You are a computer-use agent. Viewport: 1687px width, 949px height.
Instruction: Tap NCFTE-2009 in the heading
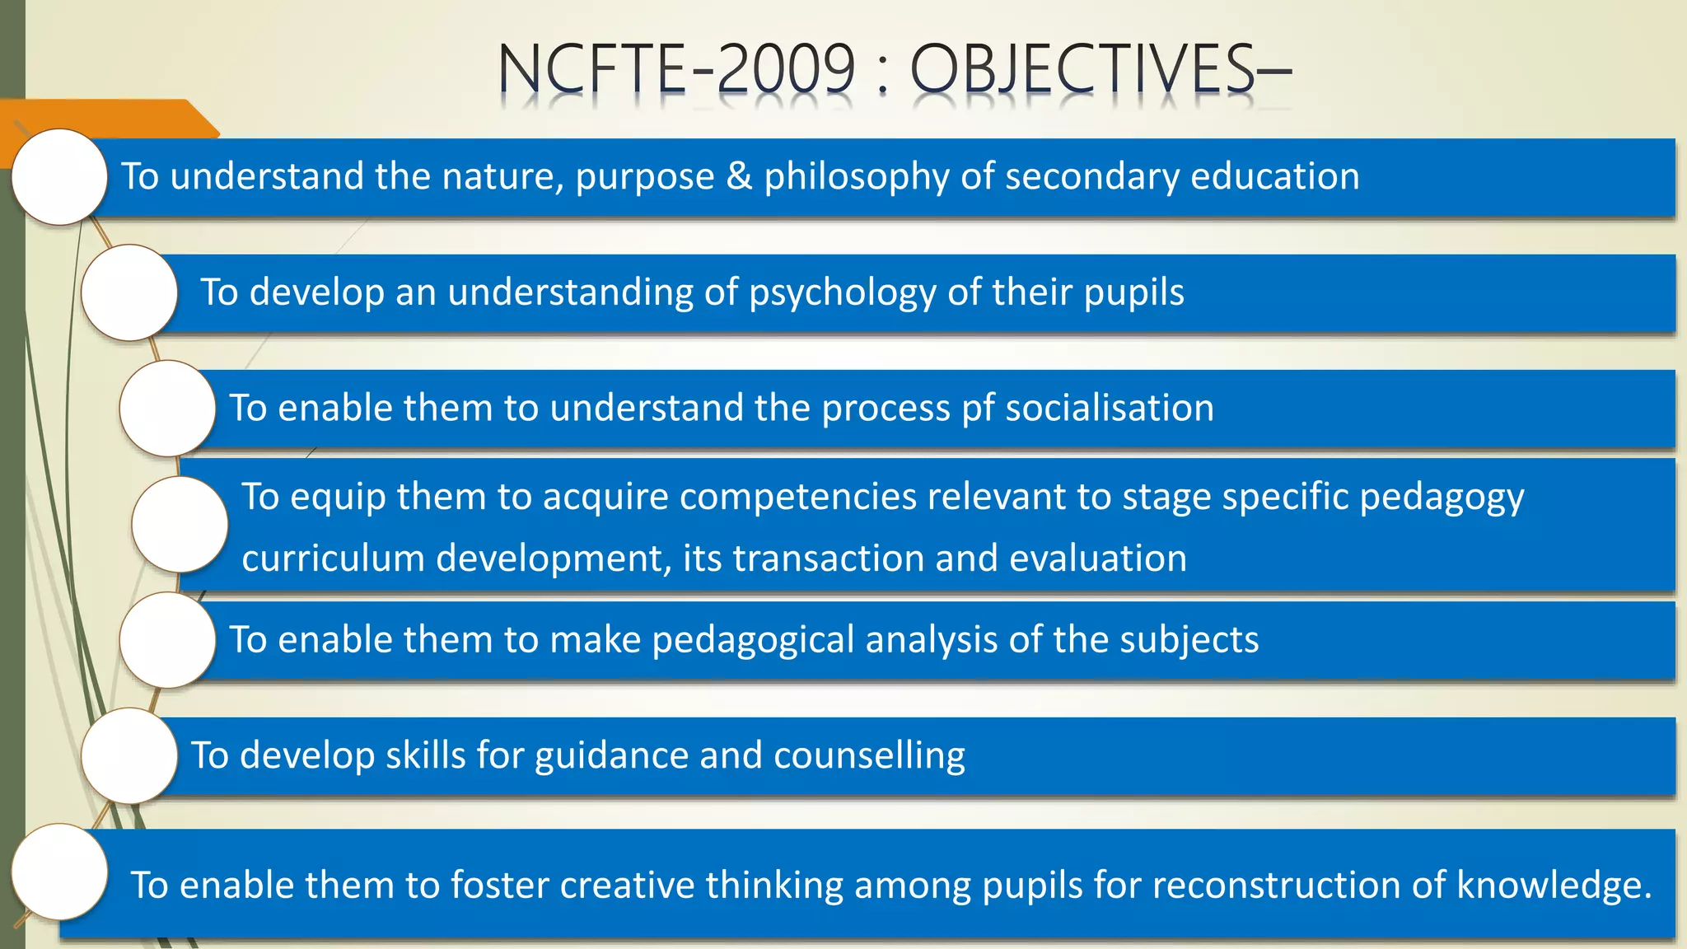[x=676, y=69]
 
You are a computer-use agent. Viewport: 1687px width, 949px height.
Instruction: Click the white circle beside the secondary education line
[x=60, y=177]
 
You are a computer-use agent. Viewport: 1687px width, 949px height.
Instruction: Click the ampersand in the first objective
[x=739, y=176]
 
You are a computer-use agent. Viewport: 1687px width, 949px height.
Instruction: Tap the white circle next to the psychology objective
[x=130, y=292]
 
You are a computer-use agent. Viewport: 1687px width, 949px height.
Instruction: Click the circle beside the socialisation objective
[x=168, y=409]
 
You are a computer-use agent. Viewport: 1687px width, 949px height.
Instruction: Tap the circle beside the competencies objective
[x=180, y=525]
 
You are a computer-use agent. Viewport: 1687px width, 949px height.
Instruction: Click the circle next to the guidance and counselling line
[x=130, y=755]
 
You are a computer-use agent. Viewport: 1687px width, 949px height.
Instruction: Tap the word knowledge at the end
[x=1553, y=886]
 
